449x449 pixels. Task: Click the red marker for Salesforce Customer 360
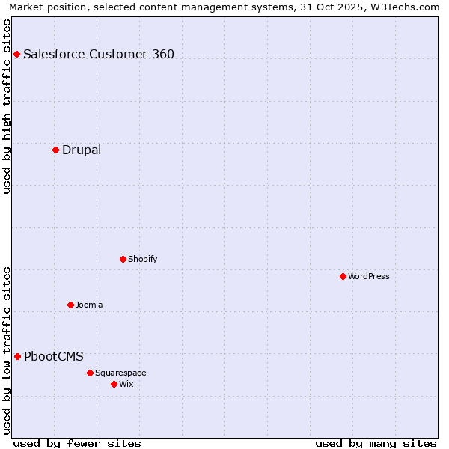point(16,54)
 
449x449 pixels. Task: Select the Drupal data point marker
point(55,150)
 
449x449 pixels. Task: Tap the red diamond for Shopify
point(123,259)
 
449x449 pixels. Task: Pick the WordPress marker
point(343,276)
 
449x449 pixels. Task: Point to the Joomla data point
point(70,305)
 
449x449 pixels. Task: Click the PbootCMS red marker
point(17,356)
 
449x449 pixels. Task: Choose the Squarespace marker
point(90,373)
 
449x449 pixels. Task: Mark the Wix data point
point(114,384)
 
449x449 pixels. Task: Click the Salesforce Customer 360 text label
point(99,54)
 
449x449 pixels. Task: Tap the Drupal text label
point(82,150)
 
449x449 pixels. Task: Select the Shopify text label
point(142,259)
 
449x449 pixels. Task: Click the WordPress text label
point(368,276)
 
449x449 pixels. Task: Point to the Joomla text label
point(89,305)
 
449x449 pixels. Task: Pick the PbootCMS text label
point(54,356)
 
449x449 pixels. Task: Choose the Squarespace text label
point(120,373)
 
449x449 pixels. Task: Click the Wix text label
point(126,384)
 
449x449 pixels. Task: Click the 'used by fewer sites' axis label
point(77,443)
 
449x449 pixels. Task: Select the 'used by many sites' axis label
point(376,443)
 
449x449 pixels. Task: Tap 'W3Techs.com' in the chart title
point(406,7)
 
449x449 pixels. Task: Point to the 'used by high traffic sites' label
point(7,106)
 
